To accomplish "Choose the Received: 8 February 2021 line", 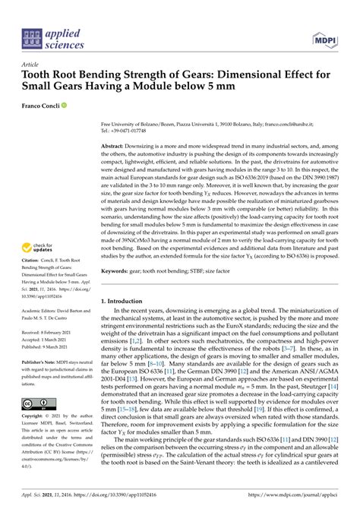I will pos(52,331).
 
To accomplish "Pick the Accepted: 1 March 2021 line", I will pos(49,339).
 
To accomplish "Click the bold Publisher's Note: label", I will pos(42,362).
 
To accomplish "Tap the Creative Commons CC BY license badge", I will pos(36,404).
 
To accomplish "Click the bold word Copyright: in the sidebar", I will pos(36,418).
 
